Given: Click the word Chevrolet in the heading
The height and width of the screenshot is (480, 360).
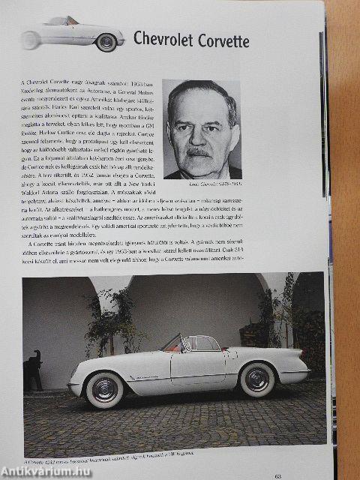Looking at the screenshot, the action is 164,40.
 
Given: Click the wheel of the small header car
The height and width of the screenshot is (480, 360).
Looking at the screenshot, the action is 106,43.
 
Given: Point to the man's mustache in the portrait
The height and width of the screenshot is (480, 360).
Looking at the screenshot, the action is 199,151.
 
